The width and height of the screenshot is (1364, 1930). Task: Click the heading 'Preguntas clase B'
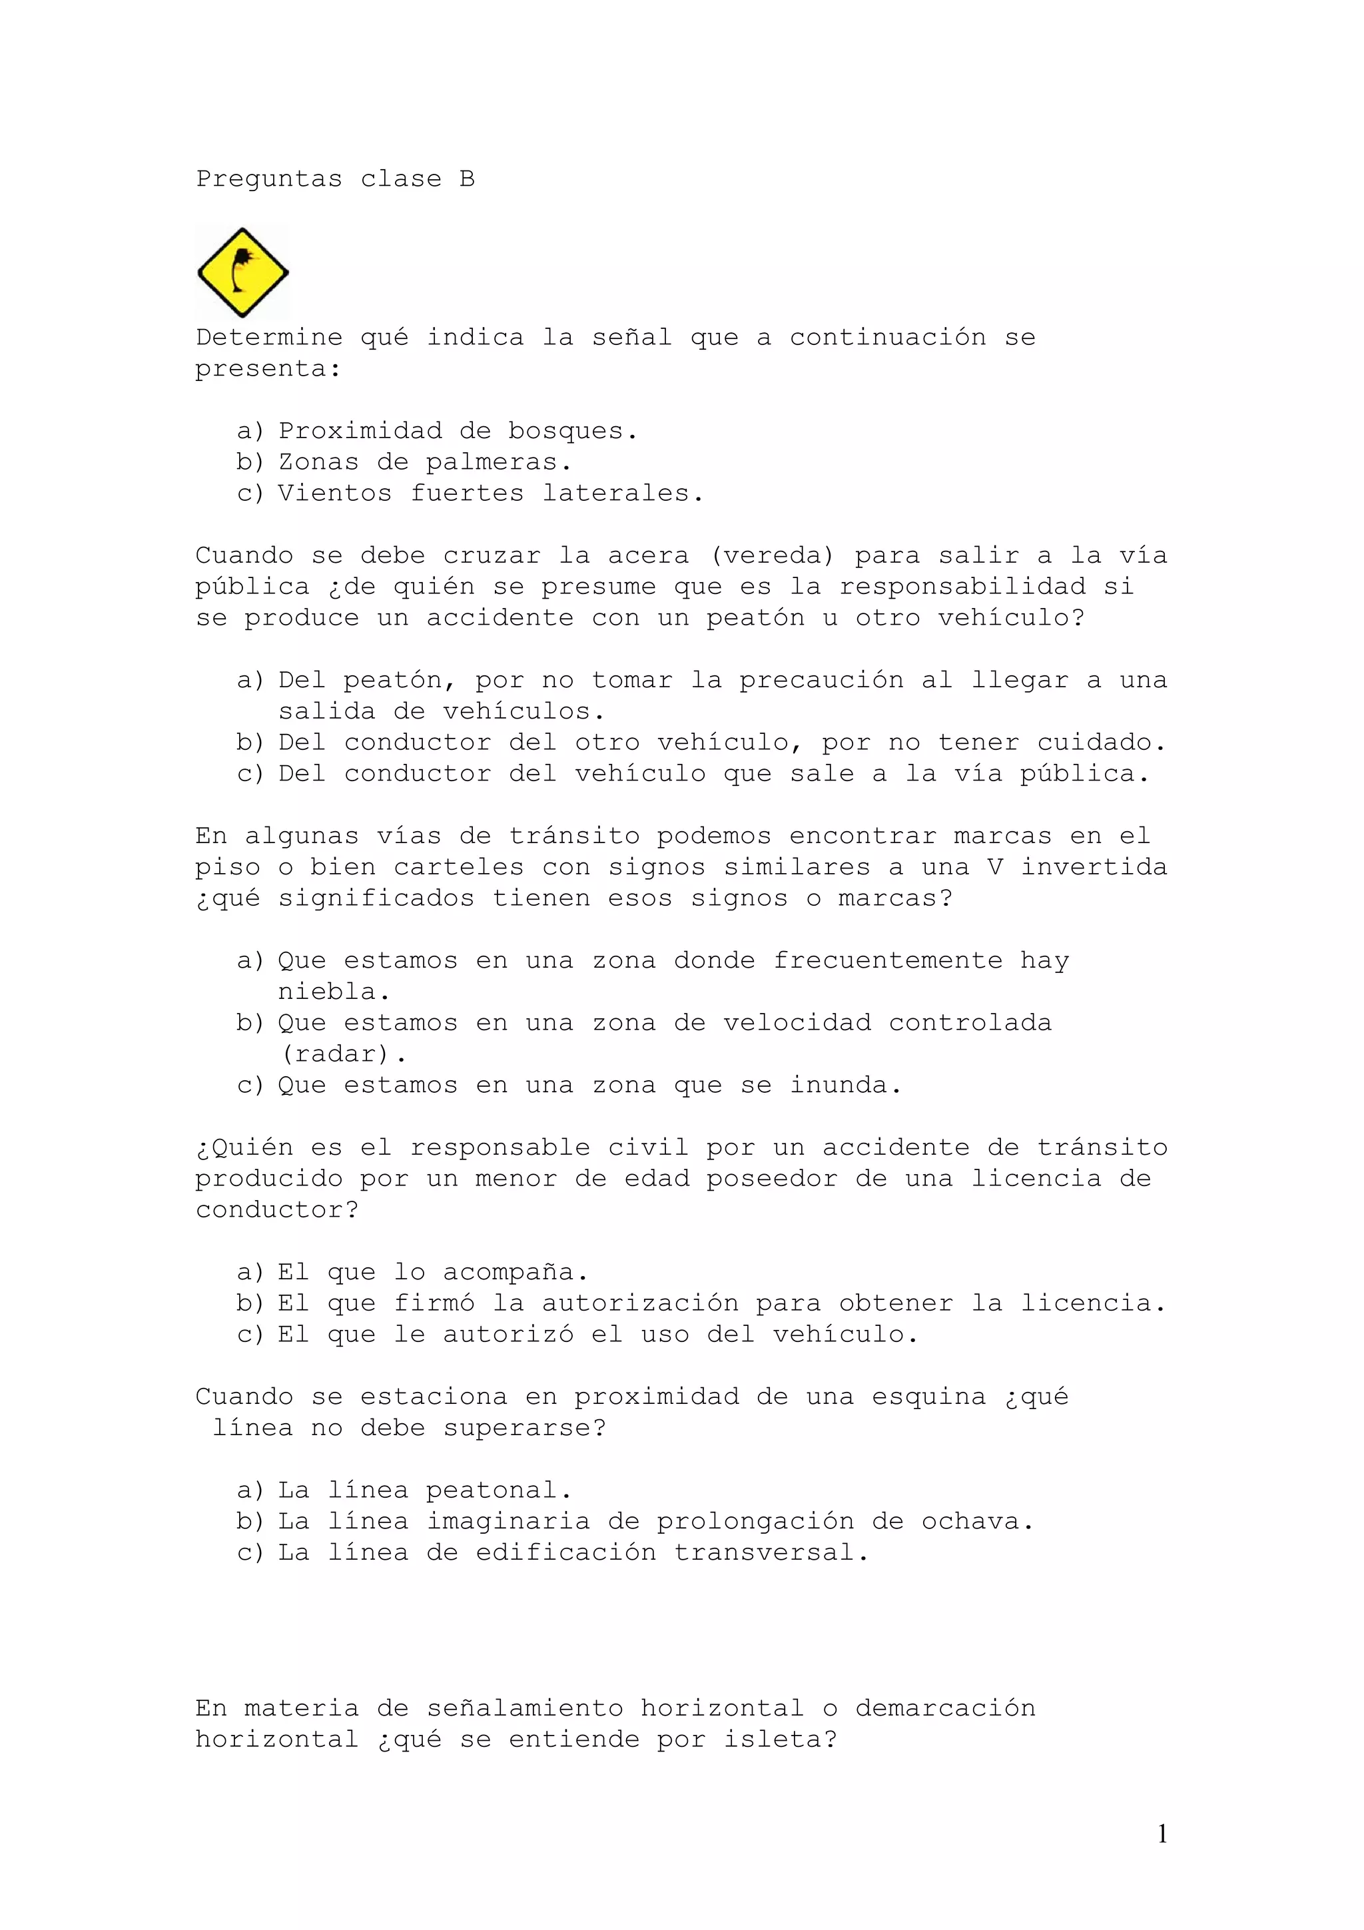[x=335, y=179]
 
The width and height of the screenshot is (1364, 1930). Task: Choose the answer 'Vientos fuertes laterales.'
[x=491, y=493]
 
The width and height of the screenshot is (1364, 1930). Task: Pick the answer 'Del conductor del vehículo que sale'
[x=713, y=773]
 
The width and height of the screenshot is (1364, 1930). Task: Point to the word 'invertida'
[x=1094, y=866]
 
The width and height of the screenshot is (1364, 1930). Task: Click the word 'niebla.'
[x=334, y=992]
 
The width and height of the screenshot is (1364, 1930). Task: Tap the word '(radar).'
[x=343, y=1054]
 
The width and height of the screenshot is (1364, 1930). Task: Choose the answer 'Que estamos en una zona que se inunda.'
[x=589, y=1085]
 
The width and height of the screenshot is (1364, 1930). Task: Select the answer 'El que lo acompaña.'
[x=433, y=1272]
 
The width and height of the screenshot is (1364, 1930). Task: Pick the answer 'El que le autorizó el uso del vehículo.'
[x=597, y=1334]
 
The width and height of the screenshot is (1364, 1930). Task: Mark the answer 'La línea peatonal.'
[x=424, y=1490]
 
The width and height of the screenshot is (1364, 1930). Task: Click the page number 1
[x=1162, y=1833]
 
